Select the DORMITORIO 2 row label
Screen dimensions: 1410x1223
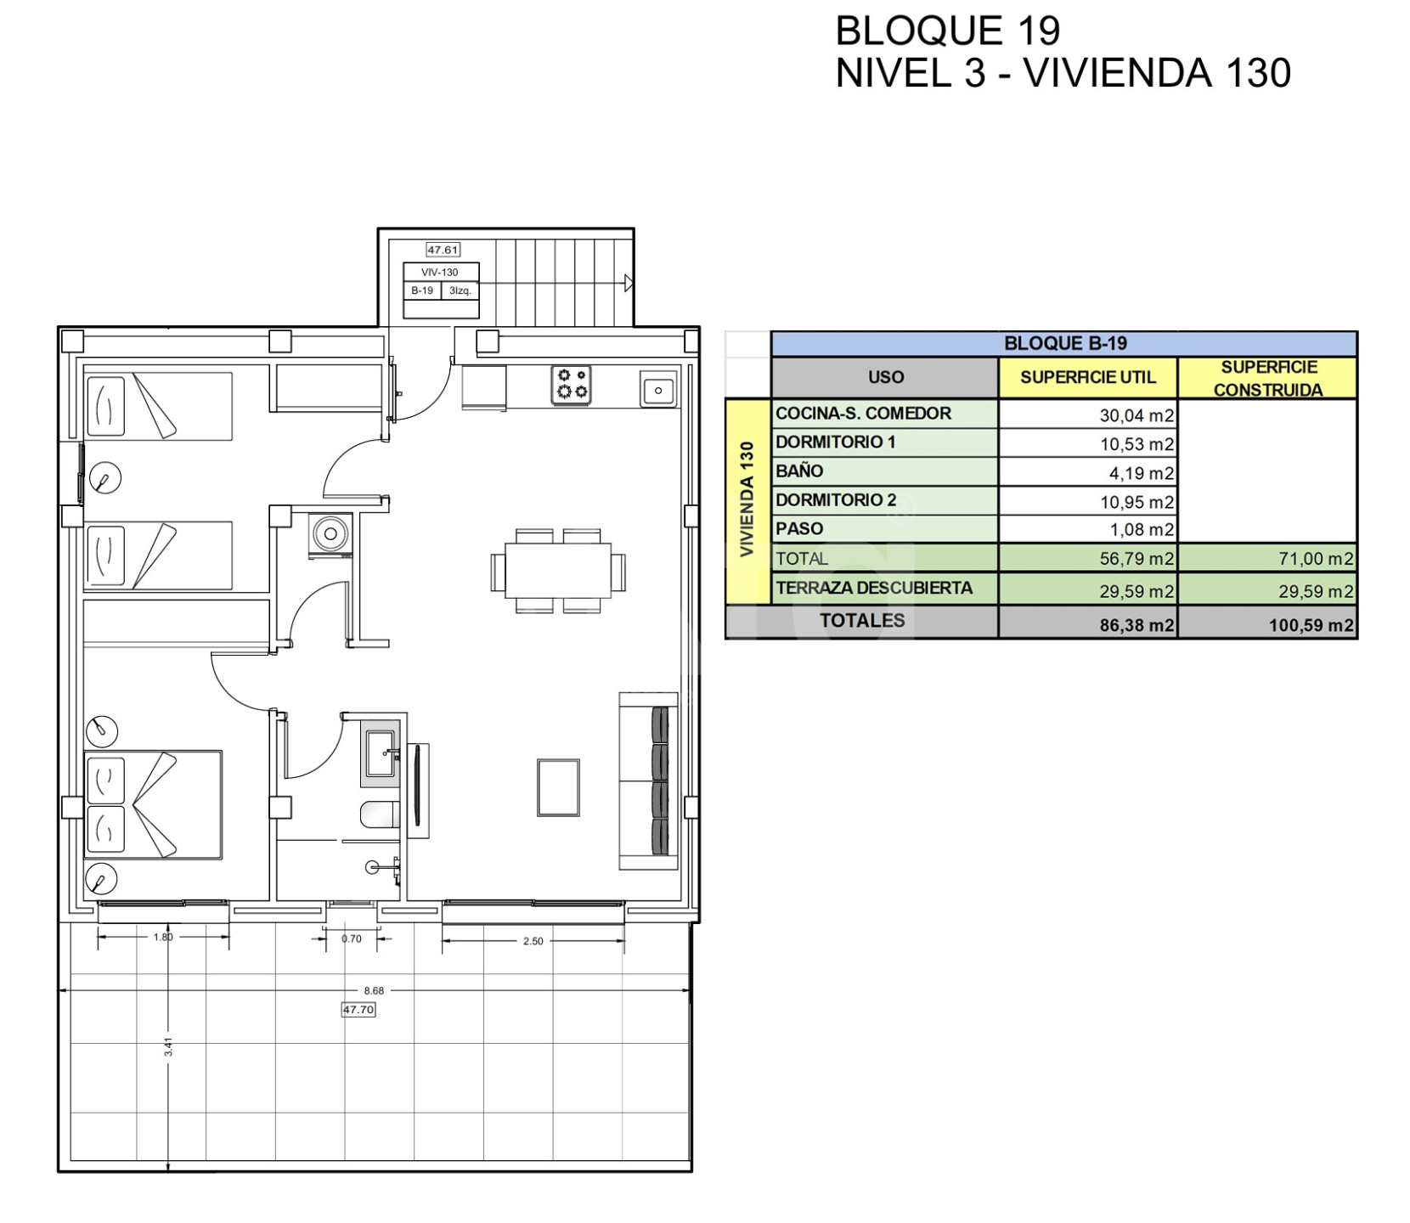click(836, 500)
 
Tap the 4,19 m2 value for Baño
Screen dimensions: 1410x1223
click(1141, 473)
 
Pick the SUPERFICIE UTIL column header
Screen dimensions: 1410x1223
click(1088, 377)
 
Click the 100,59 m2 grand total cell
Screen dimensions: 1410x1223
click(1311, 626)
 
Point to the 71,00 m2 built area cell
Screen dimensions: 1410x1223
click(1316, 559)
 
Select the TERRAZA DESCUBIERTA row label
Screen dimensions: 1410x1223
click(874, 588)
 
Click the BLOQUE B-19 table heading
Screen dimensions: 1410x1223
click(1065, 343)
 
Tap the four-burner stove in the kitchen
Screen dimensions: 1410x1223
click(572, 385)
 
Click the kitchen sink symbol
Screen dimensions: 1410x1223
click(658, 390)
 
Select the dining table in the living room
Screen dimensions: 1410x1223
click(558, 570)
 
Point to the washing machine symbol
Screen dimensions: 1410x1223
click(330, 534)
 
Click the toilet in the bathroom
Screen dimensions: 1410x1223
click(380, 815)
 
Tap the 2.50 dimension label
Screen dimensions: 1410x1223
click(533, 941)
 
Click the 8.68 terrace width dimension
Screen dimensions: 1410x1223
click(374, 990)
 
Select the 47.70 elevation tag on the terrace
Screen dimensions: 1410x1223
click(358, 1010)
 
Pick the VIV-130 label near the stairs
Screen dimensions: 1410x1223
click(440, 273)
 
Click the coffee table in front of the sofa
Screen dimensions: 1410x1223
click(558, 787)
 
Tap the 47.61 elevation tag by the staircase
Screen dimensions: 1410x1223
click(443, 250)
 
